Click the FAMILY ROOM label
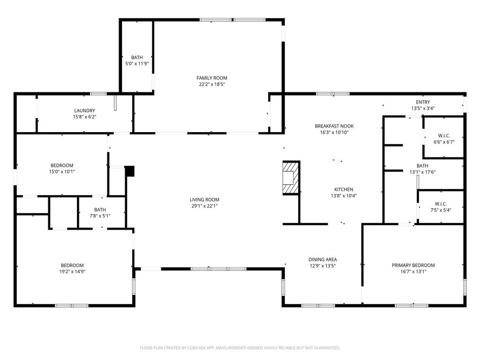212,78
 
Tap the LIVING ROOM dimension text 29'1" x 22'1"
204,206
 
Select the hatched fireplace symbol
290,178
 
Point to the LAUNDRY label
84,111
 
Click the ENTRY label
423,102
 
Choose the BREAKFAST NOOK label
334,126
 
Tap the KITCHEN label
344,189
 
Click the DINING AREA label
322,260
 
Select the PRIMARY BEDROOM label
413,265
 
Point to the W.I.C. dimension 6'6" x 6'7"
444,142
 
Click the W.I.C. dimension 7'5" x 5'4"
441,210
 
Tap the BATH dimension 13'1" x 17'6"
422,172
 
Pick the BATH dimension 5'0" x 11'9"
137,64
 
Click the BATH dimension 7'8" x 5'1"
100,216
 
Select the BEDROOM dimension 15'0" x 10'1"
62,172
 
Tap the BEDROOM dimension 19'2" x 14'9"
72,271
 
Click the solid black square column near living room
130,171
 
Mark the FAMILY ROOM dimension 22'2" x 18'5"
212,84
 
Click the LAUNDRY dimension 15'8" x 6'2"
84,117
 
